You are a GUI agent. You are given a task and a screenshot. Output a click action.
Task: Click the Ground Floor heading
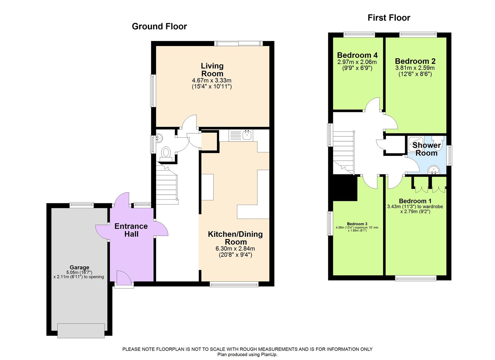click(x=159, y=27)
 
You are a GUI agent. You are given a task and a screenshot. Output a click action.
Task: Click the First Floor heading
click(x=389, y=18)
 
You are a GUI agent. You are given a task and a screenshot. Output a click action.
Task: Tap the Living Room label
click(x=212, y=70)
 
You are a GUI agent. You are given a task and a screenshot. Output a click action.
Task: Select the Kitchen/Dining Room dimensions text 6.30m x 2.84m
click(x=235, y=249)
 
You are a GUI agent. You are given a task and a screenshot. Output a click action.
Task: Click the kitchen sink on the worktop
click(x=247, y=135)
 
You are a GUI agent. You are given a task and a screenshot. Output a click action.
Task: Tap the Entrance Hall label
click(x=131, y=230)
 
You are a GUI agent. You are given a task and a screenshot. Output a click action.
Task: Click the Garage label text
click(x=79, y=267)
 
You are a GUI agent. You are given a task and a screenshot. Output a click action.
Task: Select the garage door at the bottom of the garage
click(x=81, y=330)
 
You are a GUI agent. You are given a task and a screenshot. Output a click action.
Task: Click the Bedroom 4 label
click(x=357, y=55)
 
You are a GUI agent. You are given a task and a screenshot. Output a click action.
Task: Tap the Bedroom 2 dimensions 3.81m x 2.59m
click(x=415, y=68)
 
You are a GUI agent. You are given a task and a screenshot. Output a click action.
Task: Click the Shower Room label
click(x=427, y=149)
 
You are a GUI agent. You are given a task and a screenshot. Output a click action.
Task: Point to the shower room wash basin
click(x=434, y=170)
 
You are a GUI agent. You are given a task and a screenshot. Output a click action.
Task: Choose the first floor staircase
click(x=343, y=152)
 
